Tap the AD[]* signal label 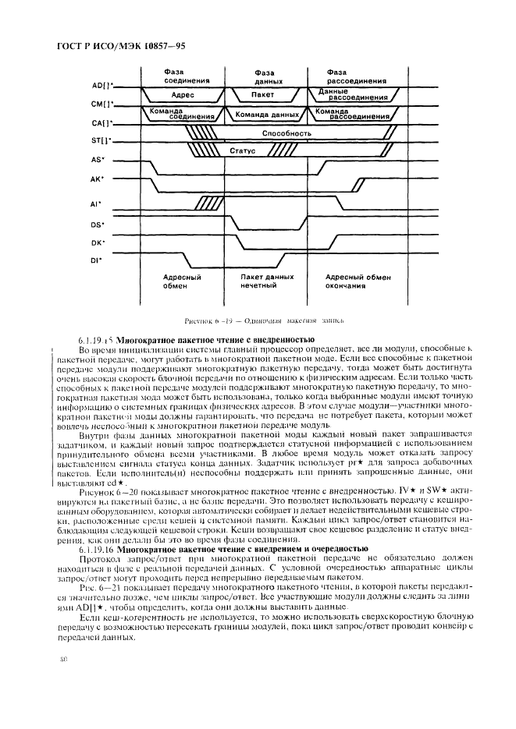pyautogui.click(x=102, y=85)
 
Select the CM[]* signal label pyautogui.click(x=102, y=104)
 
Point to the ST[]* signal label pyautogui.click(x=102, y=141)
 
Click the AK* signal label pyautogui.click(x=99, y=179)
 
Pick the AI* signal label pyautogui.click(x=98, y=207)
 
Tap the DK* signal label pyautogui.click(x=98, y=242)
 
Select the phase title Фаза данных pyautogui.click(x=262, y=77)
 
